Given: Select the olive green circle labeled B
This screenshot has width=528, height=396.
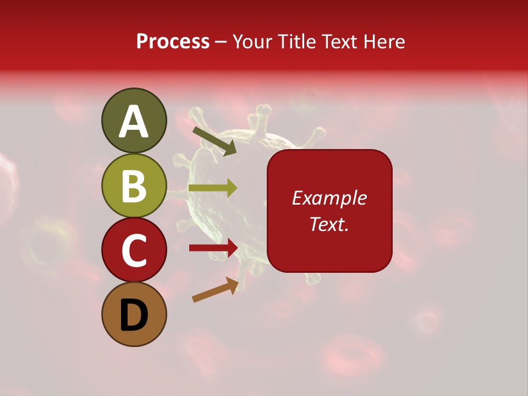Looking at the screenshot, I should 134,186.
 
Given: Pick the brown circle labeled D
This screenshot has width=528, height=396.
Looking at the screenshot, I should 134,314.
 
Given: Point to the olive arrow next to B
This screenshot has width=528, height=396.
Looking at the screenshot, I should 213,188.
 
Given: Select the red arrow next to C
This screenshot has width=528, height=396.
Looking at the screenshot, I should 213,248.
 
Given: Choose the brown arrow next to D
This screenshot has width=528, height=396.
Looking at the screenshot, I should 215,290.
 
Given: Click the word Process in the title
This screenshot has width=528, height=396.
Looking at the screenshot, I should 173,42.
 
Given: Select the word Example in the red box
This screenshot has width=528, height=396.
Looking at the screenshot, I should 329,199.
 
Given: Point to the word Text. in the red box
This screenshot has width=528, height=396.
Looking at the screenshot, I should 329,224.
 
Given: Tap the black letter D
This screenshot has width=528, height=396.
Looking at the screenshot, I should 134,316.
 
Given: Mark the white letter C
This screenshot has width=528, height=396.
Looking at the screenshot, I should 134,251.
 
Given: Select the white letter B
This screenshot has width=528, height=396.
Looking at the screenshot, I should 134,186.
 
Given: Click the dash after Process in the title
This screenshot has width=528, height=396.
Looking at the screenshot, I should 221,42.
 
